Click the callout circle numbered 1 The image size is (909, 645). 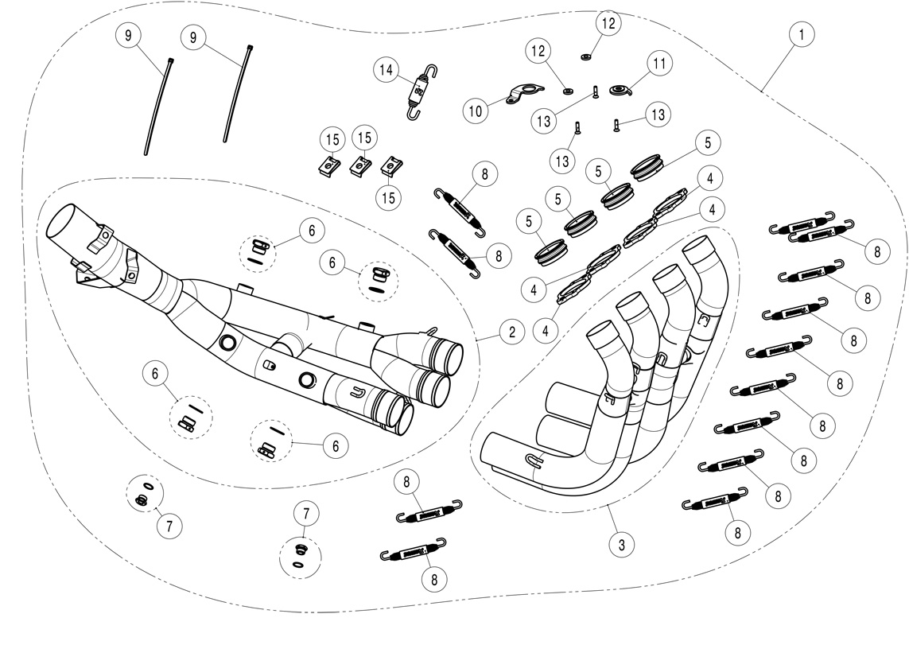(802, 35)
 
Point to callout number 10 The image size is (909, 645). (475, 111)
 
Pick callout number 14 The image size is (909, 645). (386, 70)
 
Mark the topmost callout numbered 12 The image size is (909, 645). (608, 24)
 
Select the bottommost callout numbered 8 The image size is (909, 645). (434, 580)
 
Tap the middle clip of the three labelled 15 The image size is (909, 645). (362, 165)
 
